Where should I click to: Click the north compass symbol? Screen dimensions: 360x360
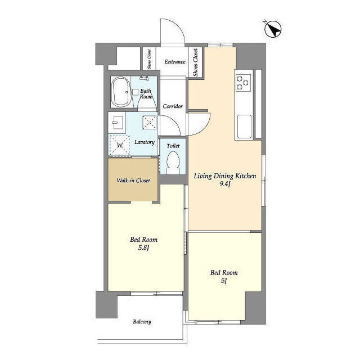tap(273, 29)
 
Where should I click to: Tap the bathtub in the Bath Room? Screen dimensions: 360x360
tap(121, 92)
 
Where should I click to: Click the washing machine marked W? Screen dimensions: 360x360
tap(119, 145)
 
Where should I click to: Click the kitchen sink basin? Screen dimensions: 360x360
tap(244, 127)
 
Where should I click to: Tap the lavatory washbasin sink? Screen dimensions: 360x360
tap(117, 123)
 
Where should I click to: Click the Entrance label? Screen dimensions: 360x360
tap(175, 61)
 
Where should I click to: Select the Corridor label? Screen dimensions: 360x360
tap(173, 106)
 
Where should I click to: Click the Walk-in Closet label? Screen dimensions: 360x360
tap(133, 181)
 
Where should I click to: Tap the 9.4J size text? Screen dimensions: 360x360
tap(225, 184)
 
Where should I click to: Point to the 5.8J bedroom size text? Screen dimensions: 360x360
tap(144, 247)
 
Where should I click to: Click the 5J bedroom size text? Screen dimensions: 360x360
tap(224, 281)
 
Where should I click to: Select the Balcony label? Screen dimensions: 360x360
tap(142, 322)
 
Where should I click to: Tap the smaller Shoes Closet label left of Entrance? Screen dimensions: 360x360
tap(149, 59)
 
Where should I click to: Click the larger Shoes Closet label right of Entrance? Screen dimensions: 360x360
tap(195, 62)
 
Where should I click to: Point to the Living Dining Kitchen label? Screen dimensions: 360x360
tap(225, 176)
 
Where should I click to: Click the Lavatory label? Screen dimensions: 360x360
tap(145, 142)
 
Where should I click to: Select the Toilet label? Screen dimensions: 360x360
tap(173, 146)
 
